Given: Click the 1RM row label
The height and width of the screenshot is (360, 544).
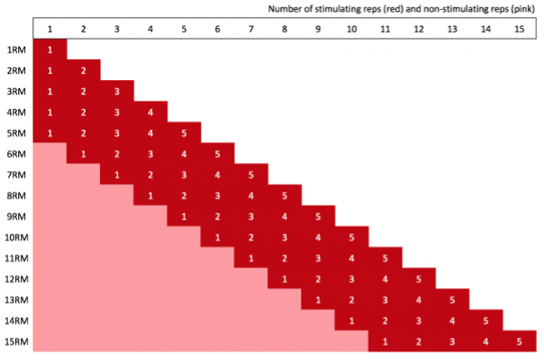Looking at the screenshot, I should (15, 49).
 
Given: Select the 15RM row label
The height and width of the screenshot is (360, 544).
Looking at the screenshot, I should (16, 341).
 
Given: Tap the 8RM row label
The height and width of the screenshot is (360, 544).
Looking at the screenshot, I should (15, 195).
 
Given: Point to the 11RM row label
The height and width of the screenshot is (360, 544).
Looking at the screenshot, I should (16, 258).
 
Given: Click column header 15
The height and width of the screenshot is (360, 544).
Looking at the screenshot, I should (519, 29).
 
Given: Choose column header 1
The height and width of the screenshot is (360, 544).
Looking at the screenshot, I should (50, 29).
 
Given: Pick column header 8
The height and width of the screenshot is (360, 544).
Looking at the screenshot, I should (285, 29).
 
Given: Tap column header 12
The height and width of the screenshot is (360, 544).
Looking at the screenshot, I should (419, 29).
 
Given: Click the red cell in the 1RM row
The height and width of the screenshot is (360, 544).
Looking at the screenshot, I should (50, 49).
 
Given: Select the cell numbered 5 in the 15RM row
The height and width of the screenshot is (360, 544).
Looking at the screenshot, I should (519, 341).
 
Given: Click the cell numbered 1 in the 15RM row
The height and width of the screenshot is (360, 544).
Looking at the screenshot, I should (385, 341).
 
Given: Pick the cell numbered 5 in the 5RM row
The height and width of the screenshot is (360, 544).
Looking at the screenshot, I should (184, 133).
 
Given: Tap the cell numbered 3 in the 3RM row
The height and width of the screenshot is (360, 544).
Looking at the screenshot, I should (117, 91).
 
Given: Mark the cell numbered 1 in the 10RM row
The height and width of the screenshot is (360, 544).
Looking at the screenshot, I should (217, 237).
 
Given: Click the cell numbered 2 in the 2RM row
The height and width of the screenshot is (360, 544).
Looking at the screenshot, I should (83, 70).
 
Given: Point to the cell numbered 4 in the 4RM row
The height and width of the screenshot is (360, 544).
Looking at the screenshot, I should (150, 112).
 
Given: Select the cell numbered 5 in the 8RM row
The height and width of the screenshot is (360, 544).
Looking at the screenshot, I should (285, 195).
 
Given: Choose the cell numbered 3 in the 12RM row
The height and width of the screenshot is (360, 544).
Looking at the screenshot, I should (351, 279).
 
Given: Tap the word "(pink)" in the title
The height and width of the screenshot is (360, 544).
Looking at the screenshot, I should (522, 9).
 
